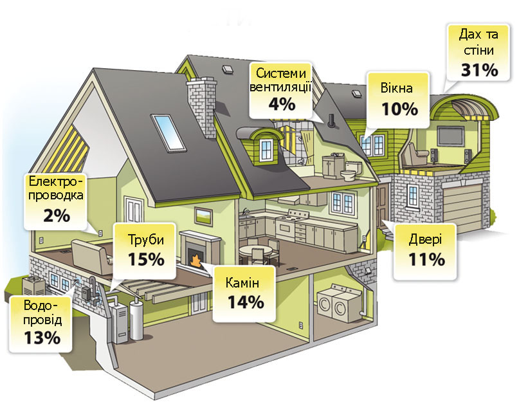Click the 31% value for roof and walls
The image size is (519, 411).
480,70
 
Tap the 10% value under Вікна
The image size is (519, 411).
400,109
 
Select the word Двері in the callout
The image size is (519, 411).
425,239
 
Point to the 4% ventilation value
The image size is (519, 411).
282,104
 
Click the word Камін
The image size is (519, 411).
242,283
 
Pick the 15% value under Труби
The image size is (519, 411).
146,259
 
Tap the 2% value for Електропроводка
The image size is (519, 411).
57,215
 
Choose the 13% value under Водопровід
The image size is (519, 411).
42,338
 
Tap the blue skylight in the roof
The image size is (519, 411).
167,132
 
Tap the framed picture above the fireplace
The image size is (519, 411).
203,216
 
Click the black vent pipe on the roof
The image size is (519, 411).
331,122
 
